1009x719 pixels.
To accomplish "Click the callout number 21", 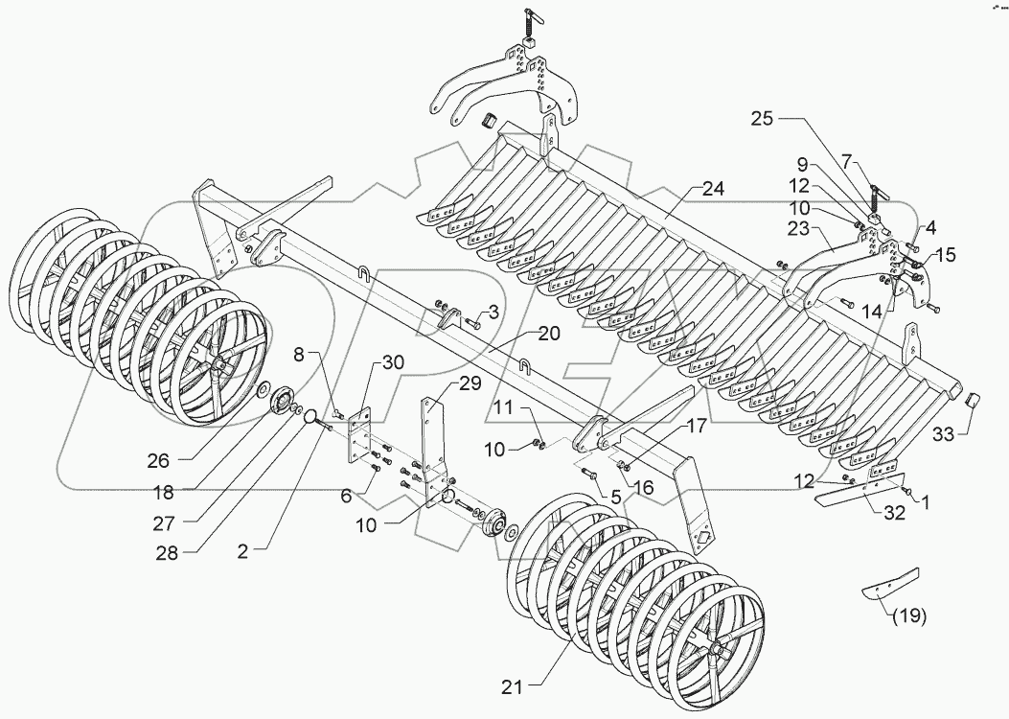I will point(514,685).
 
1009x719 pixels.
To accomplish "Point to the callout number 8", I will point(298,355).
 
